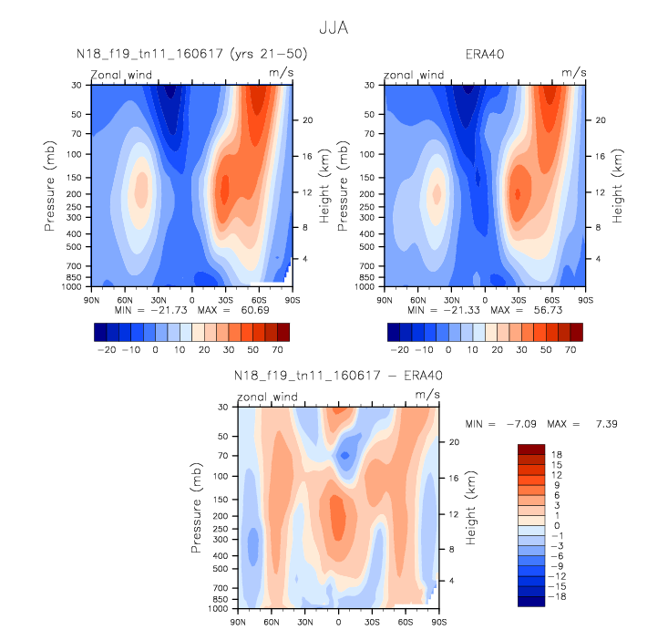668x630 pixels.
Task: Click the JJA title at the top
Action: coord(334,28)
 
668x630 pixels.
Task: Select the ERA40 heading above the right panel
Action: coord(485,54)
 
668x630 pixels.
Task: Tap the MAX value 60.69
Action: coord(255,310)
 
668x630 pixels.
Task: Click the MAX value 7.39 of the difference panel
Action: coord(607,424)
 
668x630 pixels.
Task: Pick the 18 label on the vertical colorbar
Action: coord(557,454)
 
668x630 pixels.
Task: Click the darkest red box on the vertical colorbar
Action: coord(531,449)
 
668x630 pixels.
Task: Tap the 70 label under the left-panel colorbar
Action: coord(277,349)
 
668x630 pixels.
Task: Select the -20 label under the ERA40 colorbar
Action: coord(399,349)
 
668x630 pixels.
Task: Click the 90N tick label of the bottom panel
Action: coord(238,622)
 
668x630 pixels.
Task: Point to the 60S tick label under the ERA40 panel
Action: coord(551,300)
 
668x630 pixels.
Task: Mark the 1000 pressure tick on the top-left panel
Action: coord(72,286)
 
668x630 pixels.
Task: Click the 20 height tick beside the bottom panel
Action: coord(454,442)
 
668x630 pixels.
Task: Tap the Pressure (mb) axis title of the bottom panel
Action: coord(196,508)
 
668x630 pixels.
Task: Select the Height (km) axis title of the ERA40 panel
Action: coord(617,186)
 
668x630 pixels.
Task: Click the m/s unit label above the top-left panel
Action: coord(282,72)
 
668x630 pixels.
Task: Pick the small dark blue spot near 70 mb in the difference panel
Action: coord(344,455)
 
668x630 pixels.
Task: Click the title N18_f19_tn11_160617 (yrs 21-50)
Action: coord(191,54)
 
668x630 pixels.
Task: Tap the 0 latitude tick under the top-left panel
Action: coord(192,300)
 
